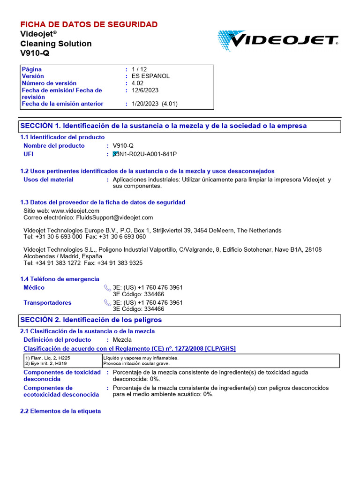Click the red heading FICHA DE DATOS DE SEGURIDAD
point(89,24)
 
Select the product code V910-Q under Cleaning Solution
point(35,53)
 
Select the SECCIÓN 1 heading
point(164,126)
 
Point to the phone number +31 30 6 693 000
point(58,237)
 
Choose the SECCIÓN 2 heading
point(91,320)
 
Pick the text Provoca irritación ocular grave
point(136,363)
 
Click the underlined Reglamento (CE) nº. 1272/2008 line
point(129,348)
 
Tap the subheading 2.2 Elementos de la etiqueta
point(60,411)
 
